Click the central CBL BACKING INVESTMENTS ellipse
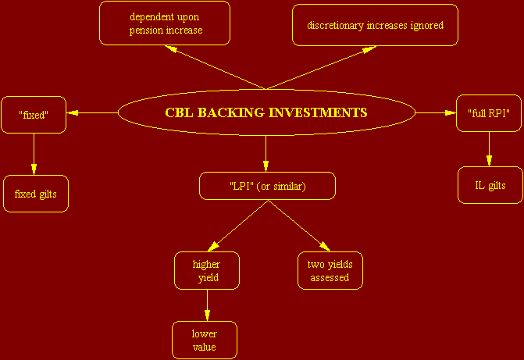click(266, 112)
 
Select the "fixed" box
click(34, 115)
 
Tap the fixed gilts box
click(36, 194)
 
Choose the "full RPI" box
click(489, 113)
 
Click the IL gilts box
click(490, 185)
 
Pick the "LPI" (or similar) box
click(267, 186)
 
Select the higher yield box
click(207, 270)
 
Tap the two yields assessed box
click(330, 270)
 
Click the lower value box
click(205, 340)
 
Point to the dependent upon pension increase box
click(165, 23)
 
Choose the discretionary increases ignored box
click(375, 25)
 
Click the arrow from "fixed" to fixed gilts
click(34, 154)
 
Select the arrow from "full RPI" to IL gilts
click(489, 149)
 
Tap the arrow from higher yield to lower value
click(207, 305)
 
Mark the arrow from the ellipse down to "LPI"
click(266, 154)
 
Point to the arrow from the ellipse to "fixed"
click(92, 113)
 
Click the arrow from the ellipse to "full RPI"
click(436, 113)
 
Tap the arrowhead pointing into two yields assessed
click(325, 247)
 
